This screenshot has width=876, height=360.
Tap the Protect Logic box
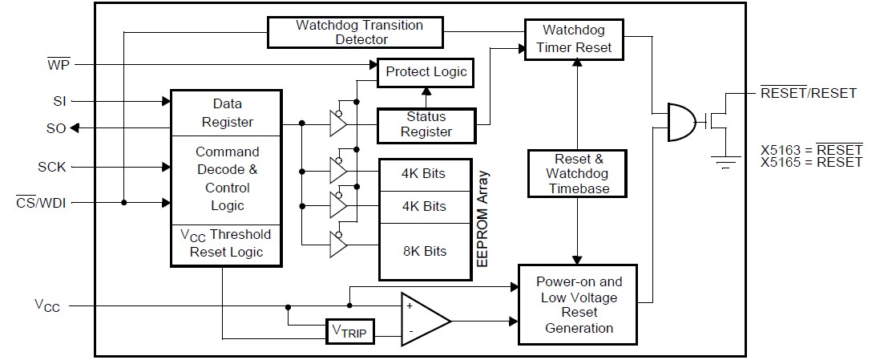click(x=426, y=72)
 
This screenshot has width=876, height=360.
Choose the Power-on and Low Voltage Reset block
click(x=579, y=305)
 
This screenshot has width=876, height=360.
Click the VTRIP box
click(x=350, y=330)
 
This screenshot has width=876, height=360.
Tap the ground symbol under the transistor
click(x=726, y=165)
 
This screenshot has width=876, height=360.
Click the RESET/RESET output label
click(x=808, y=93)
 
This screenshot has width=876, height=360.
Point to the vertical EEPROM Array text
click(x=482, y=217)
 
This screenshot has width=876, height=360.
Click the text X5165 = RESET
click(x=811, y=162)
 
